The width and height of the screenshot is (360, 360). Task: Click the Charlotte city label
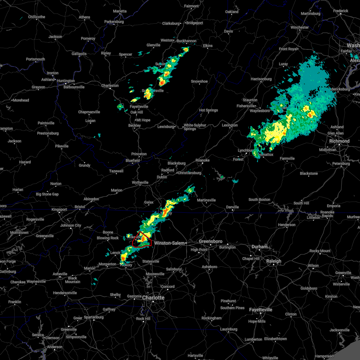tap(153, 298)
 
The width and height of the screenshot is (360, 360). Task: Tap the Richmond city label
tap(339, 141)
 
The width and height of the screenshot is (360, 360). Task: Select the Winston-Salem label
tap(169, 243)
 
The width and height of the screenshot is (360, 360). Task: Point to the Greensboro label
tap(211, 241)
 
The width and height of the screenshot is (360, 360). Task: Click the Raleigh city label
tap(274, 261)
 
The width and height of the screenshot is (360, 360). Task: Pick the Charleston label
tap(110, 85)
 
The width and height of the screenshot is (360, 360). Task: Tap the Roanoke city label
tap(202, 160)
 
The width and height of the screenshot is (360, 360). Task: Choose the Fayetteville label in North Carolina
tap(261, 310)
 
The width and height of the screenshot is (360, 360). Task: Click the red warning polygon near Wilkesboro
tap(142, 240)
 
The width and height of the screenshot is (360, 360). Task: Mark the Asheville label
tap(60, 274)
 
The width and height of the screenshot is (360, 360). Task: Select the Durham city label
tap(259, 247)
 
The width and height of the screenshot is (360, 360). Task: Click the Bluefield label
tap(133, 160)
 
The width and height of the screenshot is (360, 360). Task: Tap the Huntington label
tap(66, 81)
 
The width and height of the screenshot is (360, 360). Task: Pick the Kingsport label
tap(59, 209)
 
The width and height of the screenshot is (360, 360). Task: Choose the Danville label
tap(232, 207)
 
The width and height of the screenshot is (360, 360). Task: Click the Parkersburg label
tap(114, 22)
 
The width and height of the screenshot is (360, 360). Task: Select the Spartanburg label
tap(94, 317)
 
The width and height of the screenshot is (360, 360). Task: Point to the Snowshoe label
tap(199, 81)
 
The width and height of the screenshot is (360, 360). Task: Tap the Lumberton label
tap(253, 339)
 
